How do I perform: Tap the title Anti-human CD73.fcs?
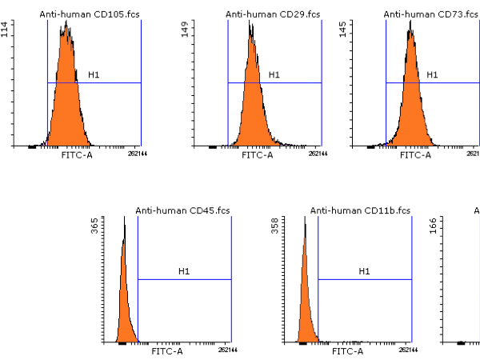click(426, 14)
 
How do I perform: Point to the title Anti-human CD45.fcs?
click(177, 210)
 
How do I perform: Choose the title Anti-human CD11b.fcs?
click(360, 210)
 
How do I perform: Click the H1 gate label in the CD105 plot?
click(94, 75)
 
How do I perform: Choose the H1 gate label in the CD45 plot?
click(184, 272)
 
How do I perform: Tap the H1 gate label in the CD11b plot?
click(364, 272)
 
